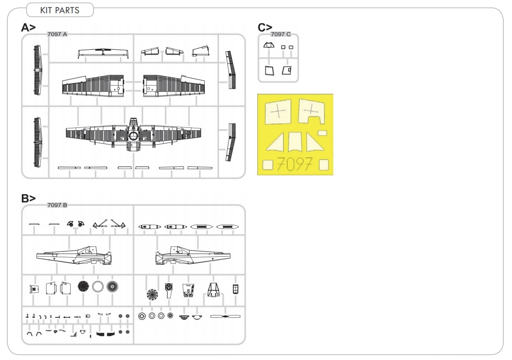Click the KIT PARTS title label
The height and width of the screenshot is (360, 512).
pos(60,10)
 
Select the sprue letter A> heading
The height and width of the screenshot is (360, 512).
pos(28,27)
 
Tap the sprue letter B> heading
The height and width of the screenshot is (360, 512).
pos(28,198)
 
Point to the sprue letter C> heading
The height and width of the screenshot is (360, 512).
pos(265,27)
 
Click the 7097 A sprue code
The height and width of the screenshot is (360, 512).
pos(57,34)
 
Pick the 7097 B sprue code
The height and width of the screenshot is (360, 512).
pos(57,205)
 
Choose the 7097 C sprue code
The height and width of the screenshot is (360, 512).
pos(281,34)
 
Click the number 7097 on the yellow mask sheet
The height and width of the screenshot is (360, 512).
pos(294,164)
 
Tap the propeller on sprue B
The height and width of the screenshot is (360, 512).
pos(225,316)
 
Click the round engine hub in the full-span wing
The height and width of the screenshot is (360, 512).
pos(133,136)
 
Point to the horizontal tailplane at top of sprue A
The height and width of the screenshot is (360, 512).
pos(103,53)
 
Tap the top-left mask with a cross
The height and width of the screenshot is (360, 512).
pos(278,112)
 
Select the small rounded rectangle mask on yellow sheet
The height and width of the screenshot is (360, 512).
pos(322,133)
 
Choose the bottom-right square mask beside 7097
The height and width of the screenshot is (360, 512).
pos(324,165)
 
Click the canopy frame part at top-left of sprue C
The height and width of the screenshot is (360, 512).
pos(269,45)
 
